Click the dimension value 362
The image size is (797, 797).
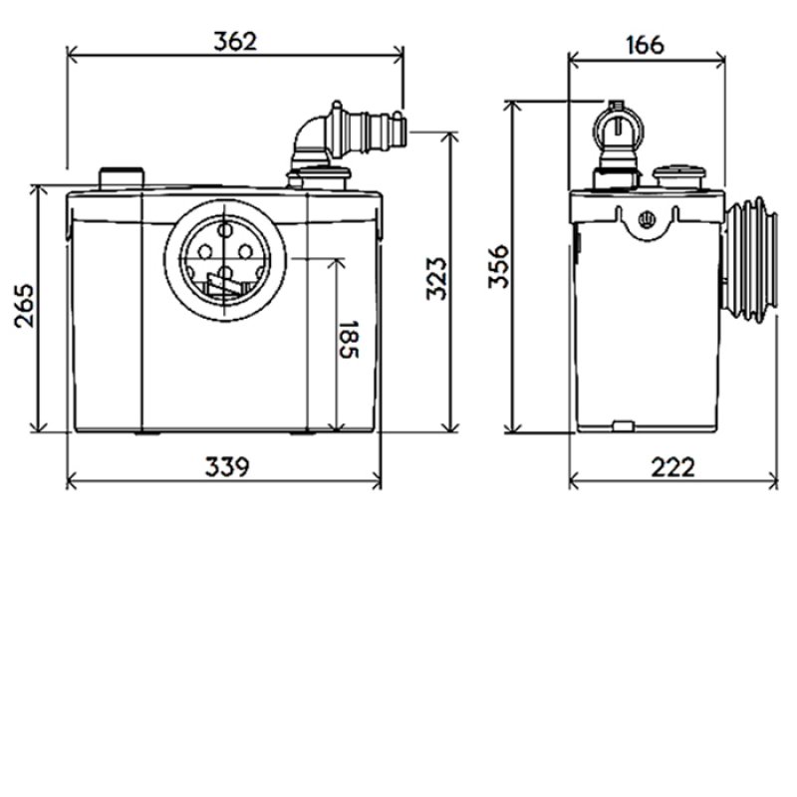(235, 41)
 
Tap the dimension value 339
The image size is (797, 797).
(226, 466)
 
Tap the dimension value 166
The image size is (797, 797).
(646, 44)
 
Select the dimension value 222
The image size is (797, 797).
(673, 466)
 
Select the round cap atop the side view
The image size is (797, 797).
(681, 176)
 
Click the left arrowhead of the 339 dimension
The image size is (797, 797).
(71, 483)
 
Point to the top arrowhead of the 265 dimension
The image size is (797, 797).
(37, 190)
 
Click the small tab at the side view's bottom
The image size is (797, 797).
(623, 427)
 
